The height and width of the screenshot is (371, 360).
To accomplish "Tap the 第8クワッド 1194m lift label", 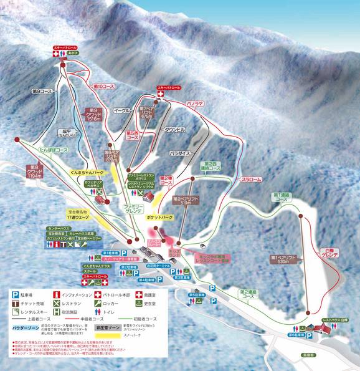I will (x=35, y=171).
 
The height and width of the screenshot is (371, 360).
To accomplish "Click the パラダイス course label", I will (x=181, y=152).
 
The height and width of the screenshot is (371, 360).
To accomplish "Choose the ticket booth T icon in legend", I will (x=15, y=301).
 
